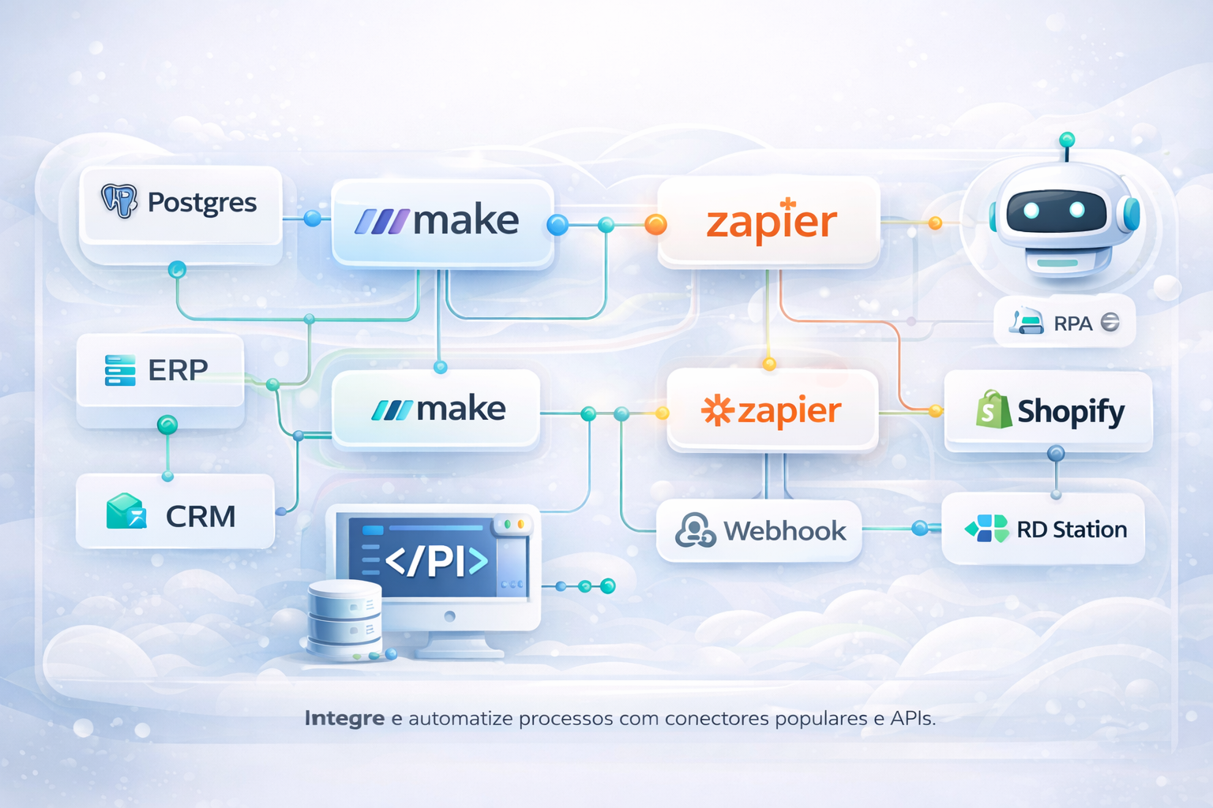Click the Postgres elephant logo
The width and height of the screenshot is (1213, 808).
119,201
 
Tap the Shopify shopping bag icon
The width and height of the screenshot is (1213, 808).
993,410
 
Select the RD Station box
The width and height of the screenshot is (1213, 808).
1043,529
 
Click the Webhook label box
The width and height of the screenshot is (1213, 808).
759,531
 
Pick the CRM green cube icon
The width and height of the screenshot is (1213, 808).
126,512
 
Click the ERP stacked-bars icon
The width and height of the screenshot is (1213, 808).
120,370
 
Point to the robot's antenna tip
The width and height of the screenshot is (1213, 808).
1067,140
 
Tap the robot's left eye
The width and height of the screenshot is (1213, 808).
1031,211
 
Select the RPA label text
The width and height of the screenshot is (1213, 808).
1072,324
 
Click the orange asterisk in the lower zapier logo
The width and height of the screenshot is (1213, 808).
717,411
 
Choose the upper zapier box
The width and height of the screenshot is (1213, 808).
769,222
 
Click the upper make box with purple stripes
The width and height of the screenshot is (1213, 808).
441,222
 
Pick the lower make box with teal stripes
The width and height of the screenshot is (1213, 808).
436,409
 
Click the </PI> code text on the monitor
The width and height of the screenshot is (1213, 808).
436,561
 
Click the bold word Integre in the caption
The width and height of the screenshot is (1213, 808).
344,719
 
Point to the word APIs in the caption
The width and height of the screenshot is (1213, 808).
912,719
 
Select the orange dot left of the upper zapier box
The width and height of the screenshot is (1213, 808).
655,225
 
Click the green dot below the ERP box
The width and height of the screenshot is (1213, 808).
167,425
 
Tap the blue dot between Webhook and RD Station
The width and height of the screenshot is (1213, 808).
920,528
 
